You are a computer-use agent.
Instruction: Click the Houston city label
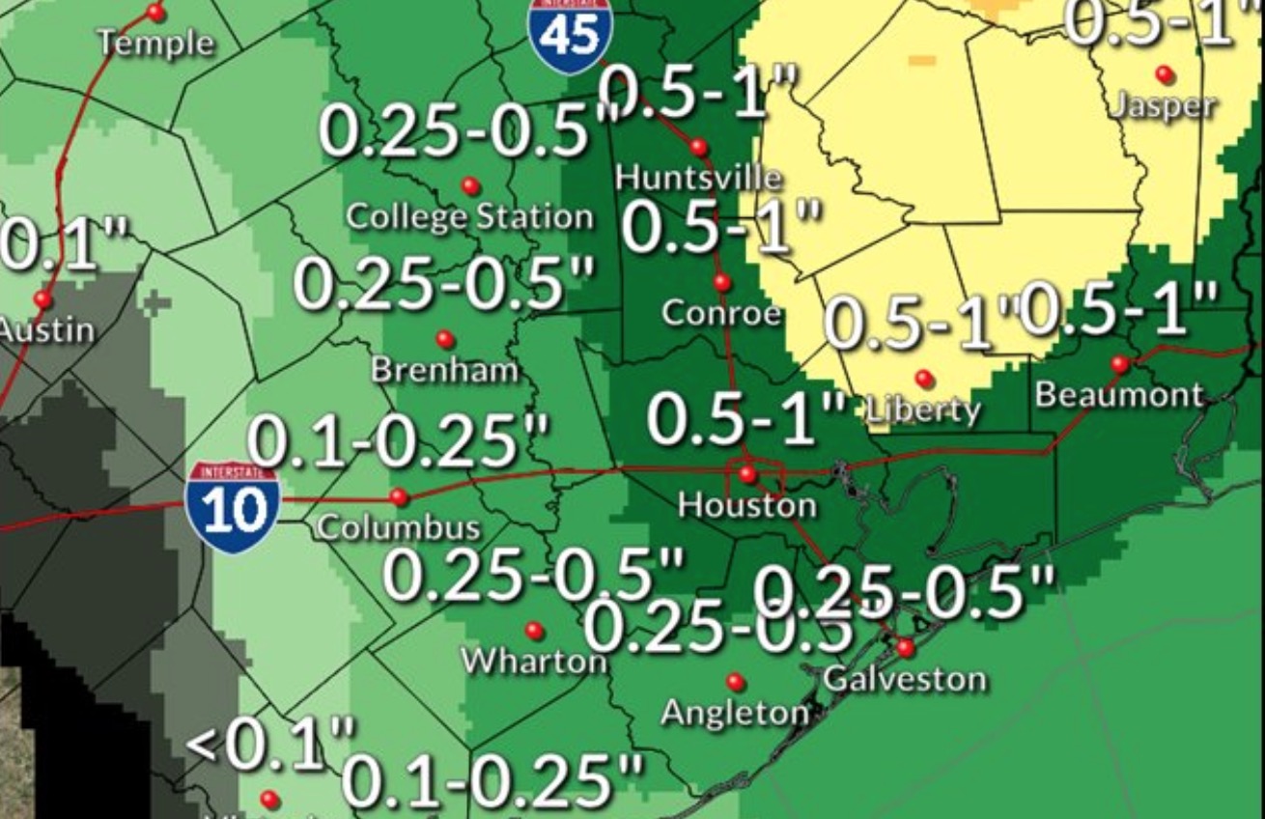[746, 504]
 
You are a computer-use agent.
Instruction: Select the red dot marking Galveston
[905, 647]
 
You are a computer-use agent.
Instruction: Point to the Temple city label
[155, 42]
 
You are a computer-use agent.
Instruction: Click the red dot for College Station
[470, 185]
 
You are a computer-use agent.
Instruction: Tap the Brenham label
[444, 369]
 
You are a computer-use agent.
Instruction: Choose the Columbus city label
[398, 527]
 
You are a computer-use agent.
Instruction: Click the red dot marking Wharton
[534, 631]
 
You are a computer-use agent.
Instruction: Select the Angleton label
[735, 713]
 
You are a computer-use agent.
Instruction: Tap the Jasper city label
[1161, 104]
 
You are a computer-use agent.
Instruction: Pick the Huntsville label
[698, 177]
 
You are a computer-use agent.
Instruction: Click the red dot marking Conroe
[722, 282]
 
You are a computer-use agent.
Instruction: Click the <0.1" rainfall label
[270, 745]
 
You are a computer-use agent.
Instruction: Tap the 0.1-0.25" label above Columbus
[398, 441]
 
